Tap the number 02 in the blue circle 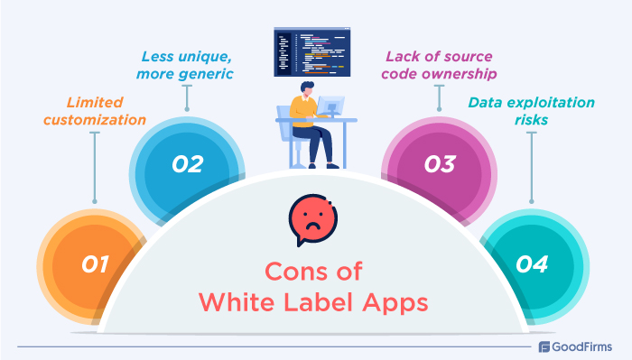pyautogui.click(x=188, y=164)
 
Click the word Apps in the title pyautogui.click(x=397, y=301)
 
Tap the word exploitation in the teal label pyautogui.click(x=543, y=102)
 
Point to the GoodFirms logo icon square pyautogui.click(x=545, y=346)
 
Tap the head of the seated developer pyautogui.click(x=304, y=91)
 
